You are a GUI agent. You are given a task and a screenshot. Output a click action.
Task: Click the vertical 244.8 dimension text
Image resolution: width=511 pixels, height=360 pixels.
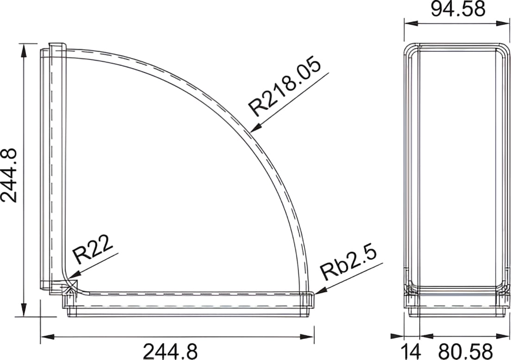point(9,175)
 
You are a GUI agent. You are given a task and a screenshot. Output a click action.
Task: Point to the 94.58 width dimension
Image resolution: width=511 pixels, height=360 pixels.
point(458,9)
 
